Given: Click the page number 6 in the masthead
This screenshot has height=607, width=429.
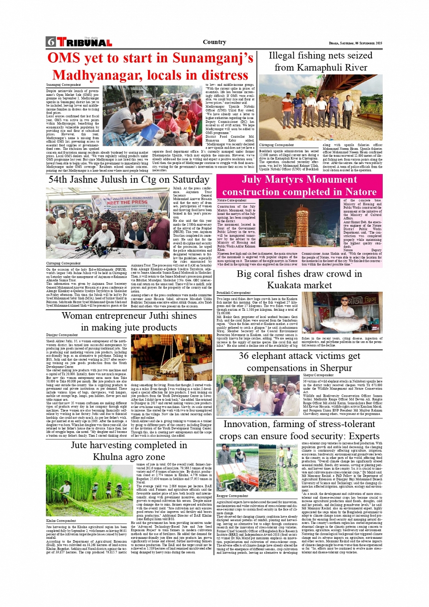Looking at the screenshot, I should point(50,42).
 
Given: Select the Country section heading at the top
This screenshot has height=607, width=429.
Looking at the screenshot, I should point(214,42).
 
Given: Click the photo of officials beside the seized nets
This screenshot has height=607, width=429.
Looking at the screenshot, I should point(321,108).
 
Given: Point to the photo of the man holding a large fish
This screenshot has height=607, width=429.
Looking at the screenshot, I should point(342,313).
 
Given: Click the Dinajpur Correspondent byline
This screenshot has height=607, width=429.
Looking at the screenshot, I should point(62,335).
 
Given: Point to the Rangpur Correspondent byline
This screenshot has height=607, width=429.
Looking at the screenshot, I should point(232,496).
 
